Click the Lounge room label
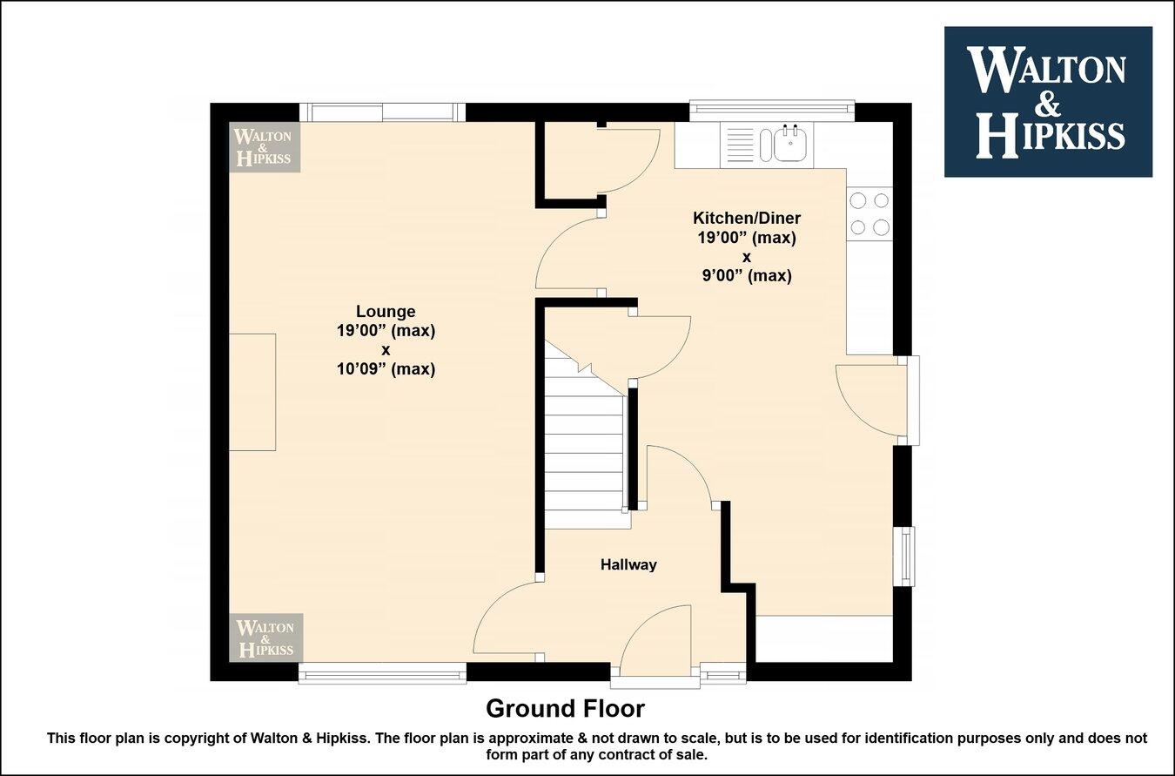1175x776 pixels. tap(386, 312)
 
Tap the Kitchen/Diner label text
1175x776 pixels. tap(746, 218)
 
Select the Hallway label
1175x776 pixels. tap(628, 564)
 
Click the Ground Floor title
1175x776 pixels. tap(565, 707)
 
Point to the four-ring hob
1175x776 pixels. tap(869, 213)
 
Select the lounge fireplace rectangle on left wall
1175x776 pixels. tap(252, 392)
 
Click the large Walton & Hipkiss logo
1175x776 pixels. tap(1048, 102)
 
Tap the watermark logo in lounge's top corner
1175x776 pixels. tap(265, 146)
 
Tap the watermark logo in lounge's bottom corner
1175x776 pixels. tap(265, 638)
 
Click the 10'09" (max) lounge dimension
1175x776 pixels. tap(386, 369)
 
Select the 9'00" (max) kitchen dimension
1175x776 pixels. tap(746, 276)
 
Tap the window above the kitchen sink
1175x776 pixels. tap(772, 110)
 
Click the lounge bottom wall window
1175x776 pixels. tap(382, 672)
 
